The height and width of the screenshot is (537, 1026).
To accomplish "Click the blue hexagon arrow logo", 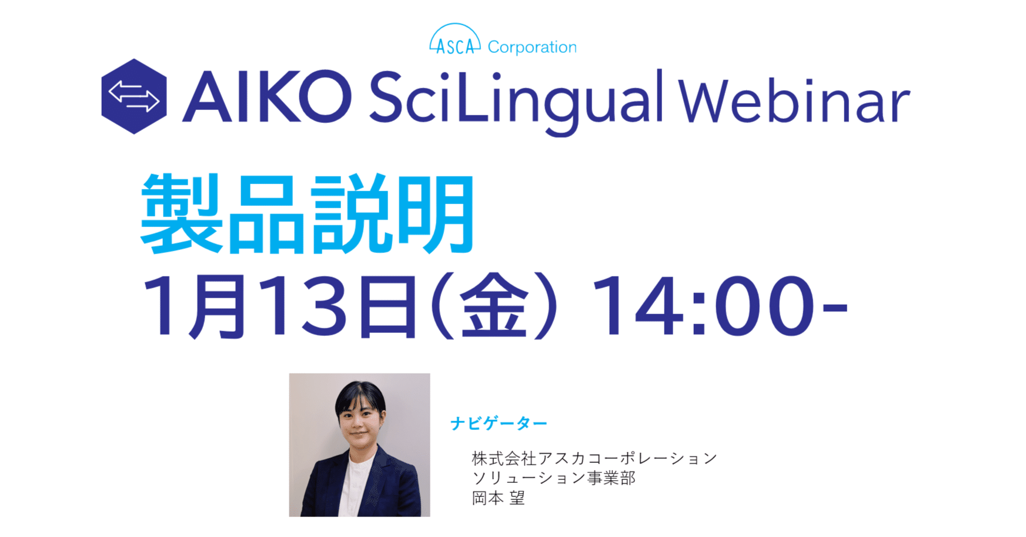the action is point(134,96).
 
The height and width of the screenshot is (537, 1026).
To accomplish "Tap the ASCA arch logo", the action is point(454,40).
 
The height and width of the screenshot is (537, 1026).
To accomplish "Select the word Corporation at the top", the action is point(532,47).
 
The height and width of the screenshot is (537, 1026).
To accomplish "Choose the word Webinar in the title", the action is point(794,101).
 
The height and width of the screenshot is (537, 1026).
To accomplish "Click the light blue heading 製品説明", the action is point(308,214).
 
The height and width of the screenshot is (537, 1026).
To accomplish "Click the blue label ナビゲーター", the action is point(499,423).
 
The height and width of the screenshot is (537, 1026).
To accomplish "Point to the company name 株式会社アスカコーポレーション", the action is point(594,458).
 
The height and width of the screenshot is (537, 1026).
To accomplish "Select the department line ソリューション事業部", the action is point(554,478).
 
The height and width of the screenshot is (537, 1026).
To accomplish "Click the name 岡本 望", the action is point(498,498).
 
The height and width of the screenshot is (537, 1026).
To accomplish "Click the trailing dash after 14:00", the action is point(834,308).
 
